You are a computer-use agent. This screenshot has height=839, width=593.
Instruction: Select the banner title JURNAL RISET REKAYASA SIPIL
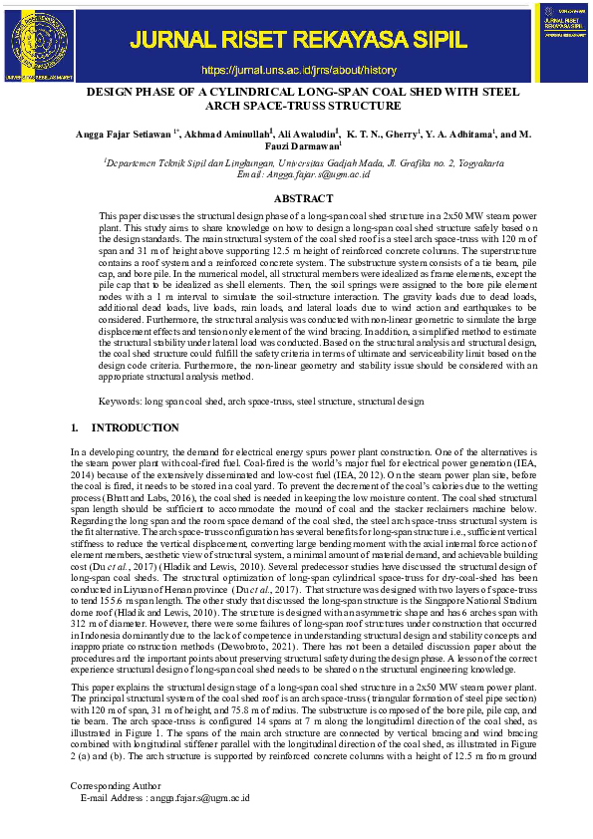[x=299, y=40]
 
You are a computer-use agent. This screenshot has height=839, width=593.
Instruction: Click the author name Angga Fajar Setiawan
[x=126, y=135]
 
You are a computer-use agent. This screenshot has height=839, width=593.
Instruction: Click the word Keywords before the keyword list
[x=120, y=400]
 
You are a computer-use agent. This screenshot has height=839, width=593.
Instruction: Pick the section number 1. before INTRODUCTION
[x=75, y=427]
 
